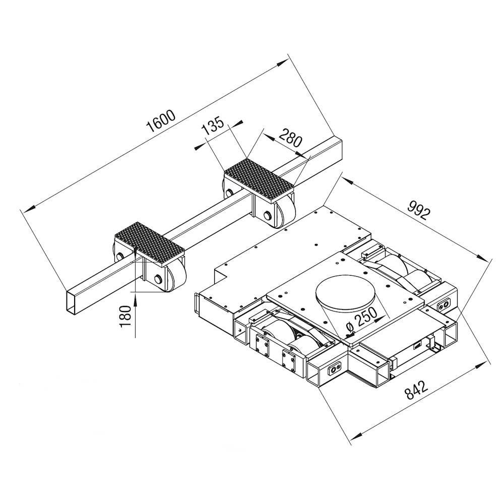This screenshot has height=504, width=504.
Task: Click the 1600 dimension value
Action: [x=161, y=121]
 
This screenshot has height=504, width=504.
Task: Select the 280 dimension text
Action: [x=291, y=137]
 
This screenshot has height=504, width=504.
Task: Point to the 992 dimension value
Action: [x=419, y=210]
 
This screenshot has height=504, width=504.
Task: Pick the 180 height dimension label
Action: [x=125, y=317]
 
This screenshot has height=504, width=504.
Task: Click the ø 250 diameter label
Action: [x=362, y=320]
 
